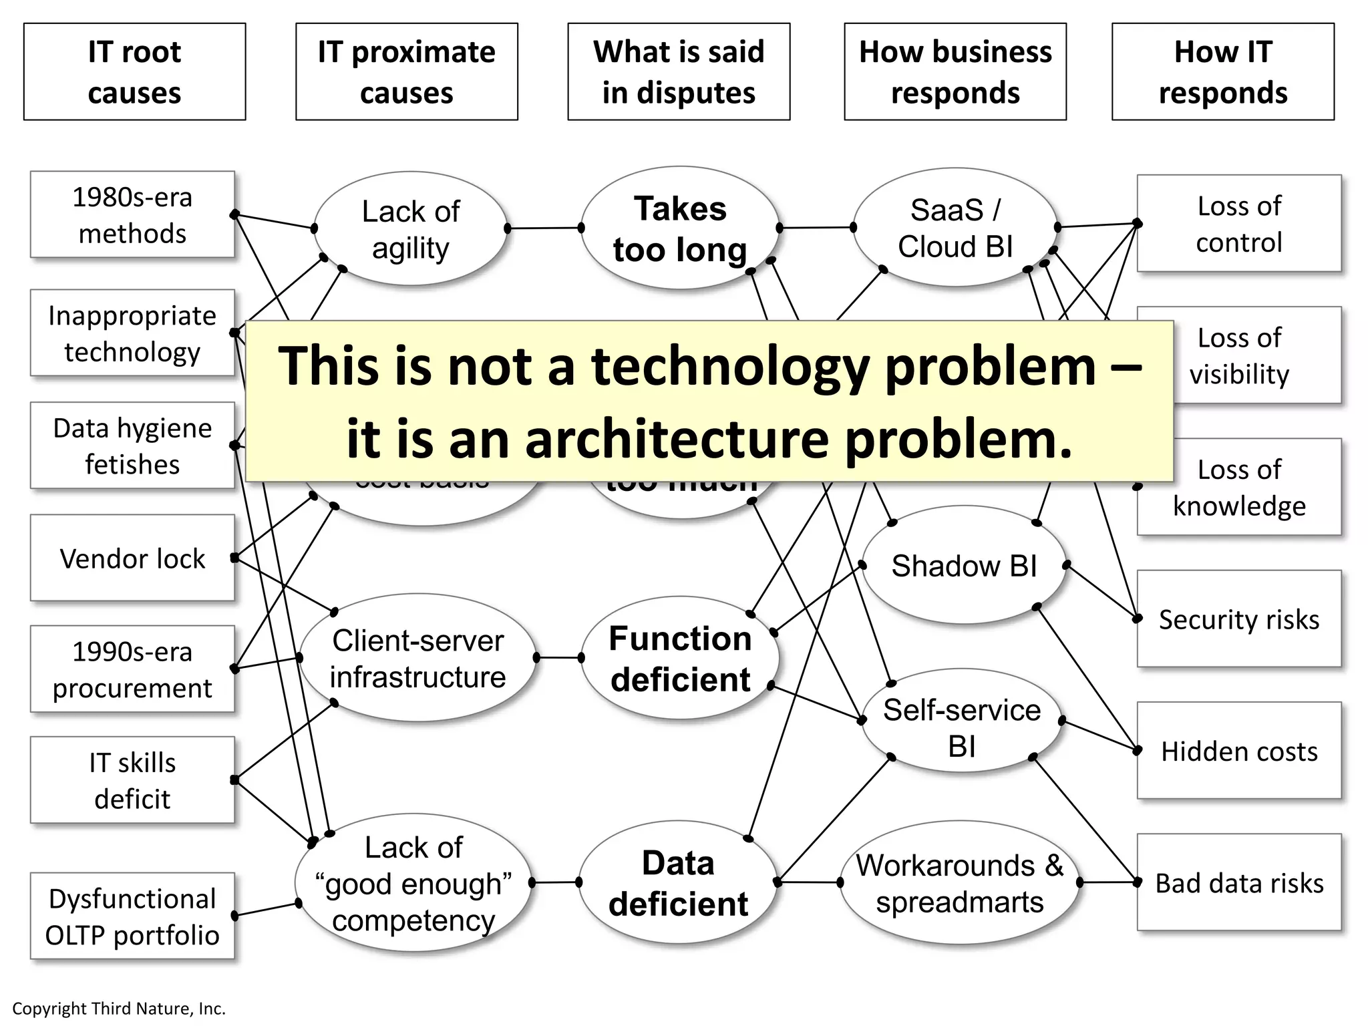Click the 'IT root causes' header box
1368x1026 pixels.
click(x=134, y=72)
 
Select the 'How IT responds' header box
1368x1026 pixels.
click(x=1222, y=72)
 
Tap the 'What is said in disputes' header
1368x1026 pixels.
click(x=679, y=72)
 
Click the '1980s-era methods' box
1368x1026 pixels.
click(x=132, y=215)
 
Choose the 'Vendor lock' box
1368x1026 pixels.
click(x=132, y=558)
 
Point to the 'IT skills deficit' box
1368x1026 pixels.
click(x=132, y=780)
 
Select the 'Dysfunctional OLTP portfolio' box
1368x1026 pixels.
click(x=132, y=916)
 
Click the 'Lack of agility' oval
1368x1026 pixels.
click(x=410, y=229)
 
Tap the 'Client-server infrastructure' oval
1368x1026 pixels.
click(x=418, y=659)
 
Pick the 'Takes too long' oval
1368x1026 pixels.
click(x=680, y=229)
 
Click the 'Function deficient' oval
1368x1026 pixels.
click(x=680, y=659)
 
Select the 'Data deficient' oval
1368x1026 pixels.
click(x=679, y=883)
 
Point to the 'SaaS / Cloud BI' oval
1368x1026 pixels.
click(x=955, y=228)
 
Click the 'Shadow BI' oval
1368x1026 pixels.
click(x=964, y=566)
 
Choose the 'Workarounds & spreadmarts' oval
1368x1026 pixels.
click(x=960, y=883)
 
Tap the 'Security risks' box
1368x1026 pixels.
click(x=1239, y=619)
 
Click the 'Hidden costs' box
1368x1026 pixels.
click(x=1239, y=751)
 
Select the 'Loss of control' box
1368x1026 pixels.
click(x=1239, y=224)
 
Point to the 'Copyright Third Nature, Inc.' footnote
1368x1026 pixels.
click(x=119, y=1009)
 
